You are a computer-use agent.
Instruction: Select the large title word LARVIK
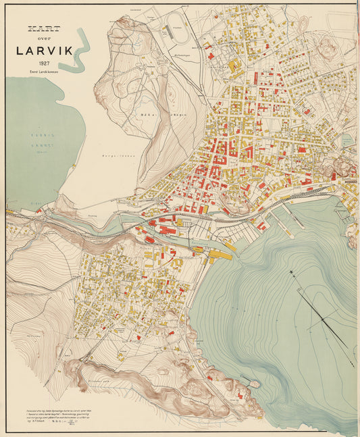point(43,50)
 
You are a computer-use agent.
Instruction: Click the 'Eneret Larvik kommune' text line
point(43,70)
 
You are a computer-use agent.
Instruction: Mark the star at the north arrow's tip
point(293,273)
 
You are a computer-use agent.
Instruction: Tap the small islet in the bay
point(255,384)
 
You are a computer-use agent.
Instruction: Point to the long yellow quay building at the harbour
point(222,255)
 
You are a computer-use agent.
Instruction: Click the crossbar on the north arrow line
point(323,318)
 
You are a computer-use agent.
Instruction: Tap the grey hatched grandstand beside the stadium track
point(166,30)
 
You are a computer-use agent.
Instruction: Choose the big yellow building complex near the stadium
point(235,66)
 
